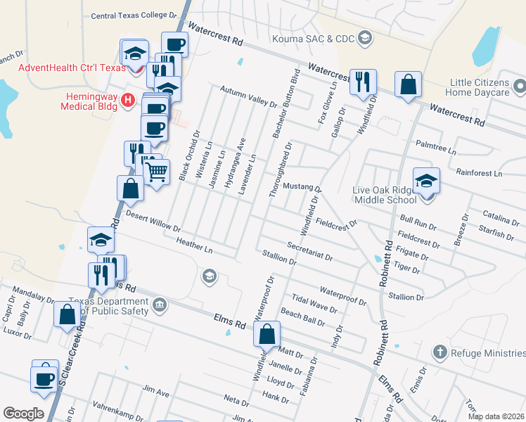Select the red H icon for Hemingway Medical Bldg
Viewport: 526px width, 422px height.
point(127,100)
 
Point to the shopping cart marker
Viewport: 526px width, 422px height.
point(157,170)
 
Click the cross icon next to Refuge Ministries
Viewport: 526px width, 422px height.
point(440,352)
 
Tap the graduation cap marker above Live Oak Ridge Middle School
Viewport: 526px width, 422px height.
point(426,181)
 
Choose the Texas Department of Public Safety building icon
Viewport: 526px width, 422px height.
point(160,305)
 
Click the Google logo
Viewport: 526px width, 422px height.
point(23,414)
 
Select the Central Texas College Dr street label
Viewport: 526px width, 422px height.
point(134,15)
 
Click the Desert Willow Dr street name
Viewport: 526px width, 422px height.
point(153,224)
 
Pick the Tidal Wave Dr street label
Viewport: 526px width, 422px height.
point(314,304)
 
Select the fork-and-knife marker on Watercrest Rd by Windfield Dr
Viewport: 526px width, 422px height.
point(364,82)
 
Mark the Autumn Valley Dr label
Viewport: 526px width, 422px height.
point(248,97)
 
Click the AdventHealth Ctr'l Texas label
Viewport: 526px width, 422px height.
point(61,68)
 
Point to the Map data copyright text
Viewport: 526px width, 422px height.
point(495,416)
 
